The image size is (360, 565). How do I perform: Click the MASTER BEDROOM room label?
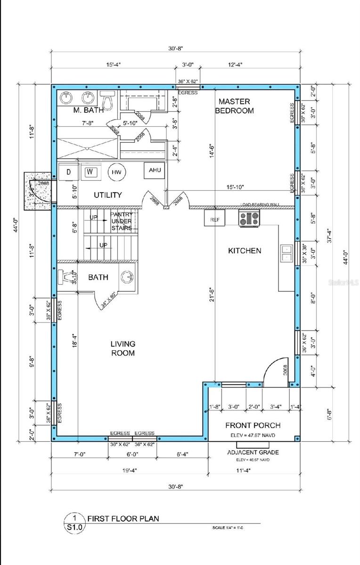(234, 106)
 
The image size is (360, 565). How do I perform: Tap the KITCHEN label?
(245, 250)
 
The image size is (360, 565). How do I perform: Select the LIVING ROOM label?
(123, 348)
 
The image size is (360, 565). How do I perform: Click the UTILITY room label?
(107, 194)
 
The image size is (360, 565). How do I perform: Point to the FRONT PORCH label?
(253, 423)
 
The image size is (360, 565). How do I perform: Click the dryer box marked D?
(69, 172)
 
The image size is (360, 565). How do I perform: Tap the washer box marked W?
(89, 172)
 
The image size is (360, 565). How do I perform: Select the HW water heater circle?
(116, 173)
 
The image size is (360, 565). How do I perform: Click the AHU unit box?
(155, 170)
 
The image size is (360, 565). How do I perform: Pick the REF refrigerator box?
(214, 219)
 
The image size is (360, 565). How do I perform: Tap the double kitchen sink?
(286, 253)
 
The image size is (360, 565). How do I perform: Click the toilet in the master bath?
(108, 98)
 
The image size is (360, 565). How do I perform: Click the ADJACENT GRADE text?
(253, 452)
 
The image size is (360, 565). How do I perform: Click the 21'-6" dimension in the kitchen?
(213, 294)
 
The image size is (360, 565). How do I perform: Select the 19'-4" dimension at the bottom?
(128, 469)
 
